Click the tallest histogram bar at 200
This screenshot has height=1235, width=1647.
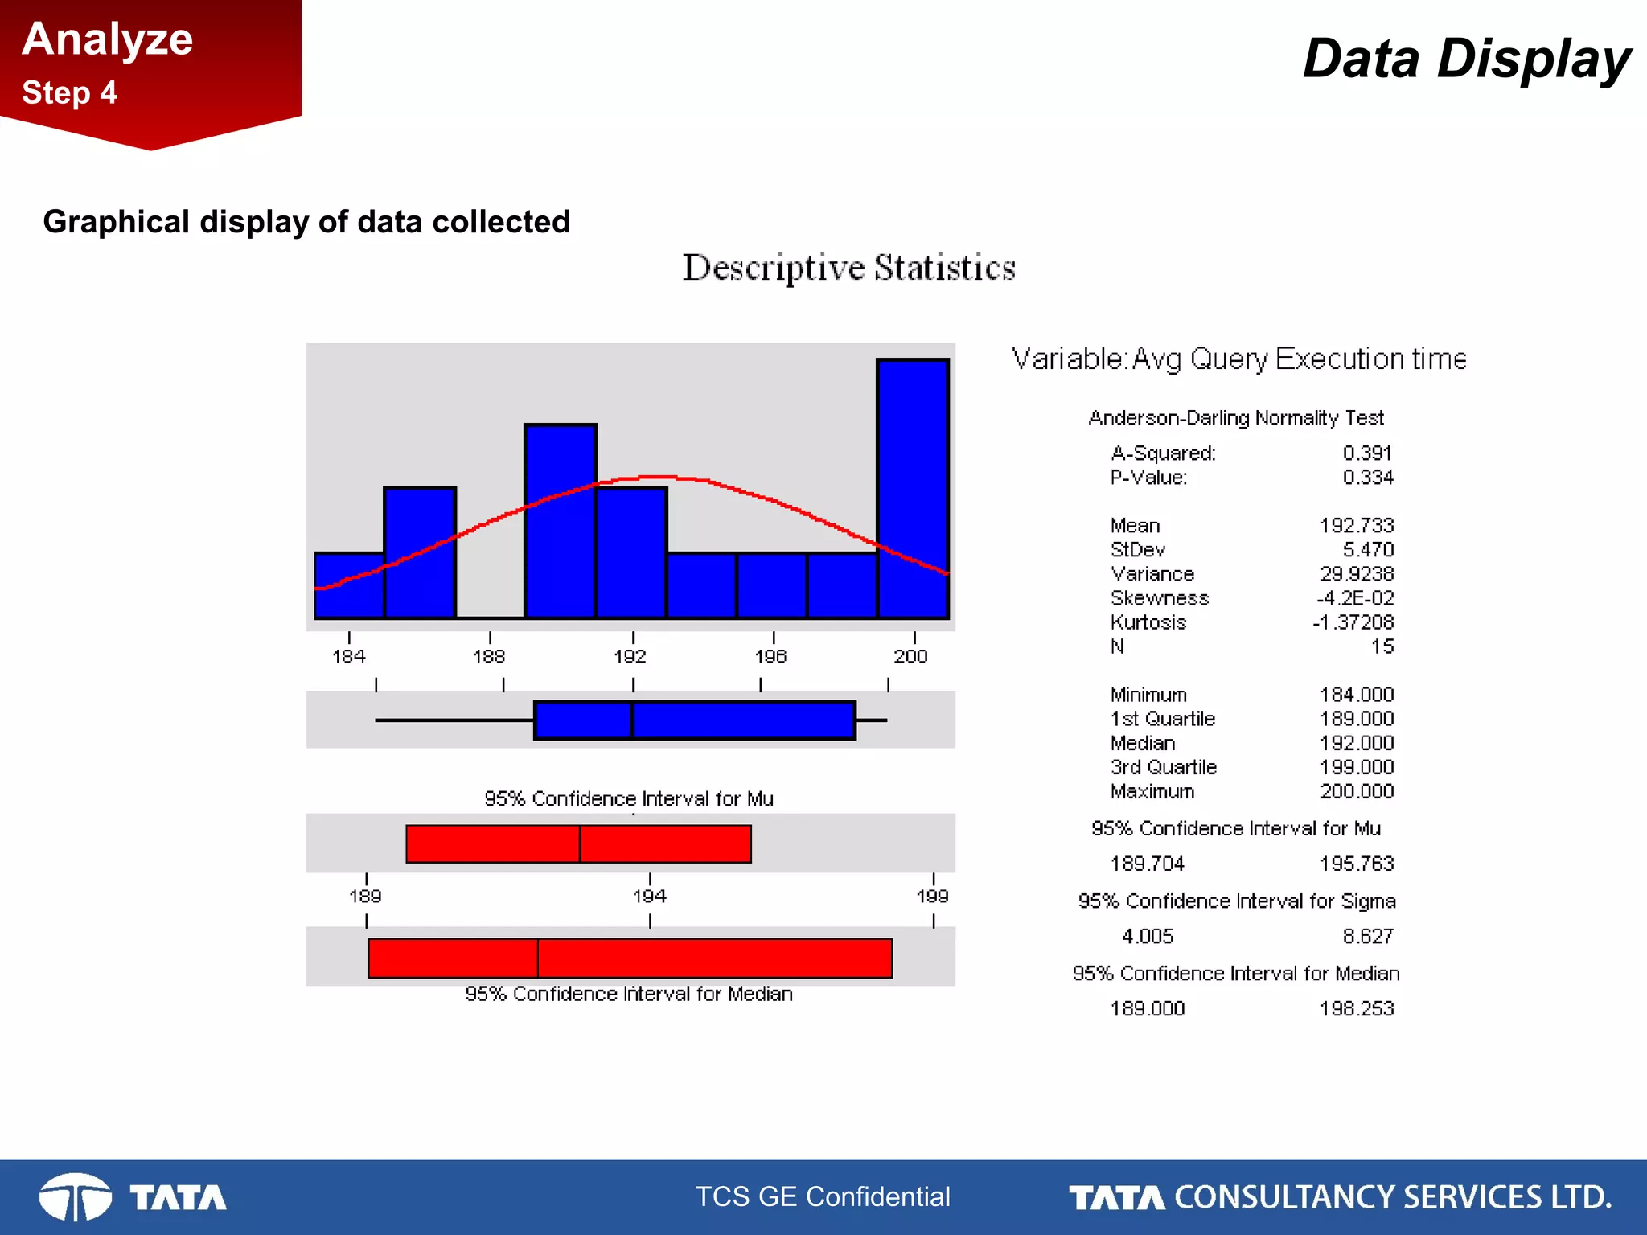tap(913, 489)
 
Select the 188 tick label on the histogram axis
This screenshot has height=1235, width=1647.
tap(489, 657)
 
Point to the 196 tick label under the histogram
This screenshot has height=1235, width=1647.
tap(770, 657)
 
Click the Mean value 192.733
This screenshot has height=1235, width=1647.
tap(1356, 526)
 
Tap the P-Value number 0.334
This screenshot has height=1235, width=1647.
tap(1367, 478)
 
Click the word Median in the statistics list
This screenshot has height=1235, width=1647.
tap(1143, 743)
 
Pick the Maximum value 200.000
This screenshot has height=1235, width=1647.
tap(1356, 791)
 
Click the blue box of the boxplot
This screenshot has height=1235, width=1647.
tap(695, 720)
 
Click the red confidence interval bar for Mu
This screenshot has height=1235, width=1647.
tap(578, 844)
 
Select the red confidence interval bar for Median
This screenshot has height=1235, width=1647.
tap(630, 958)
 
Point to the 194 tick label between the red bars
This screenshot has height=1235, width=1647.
tap(649, 896)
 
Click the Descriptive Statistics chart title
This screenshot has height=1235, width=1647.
tap(848, 268)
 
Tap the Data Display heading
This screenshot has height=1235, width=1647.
tap(1465, 59)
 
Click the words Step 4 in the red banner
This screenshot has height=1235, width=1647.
tap(70, 92)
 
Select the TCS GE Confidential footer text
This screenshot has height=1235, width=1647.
tap(823, 1196)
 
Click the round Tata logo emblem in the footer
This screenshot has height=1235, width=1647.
tap(76, 1197)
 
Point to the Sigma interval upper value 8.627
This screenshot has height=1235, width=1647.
tap(1367, 936)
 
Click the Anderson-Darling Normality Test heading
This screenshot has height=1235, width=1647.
tap(1236, 418)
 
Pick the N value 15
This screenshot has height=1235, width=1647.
tap(1382, 646)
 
